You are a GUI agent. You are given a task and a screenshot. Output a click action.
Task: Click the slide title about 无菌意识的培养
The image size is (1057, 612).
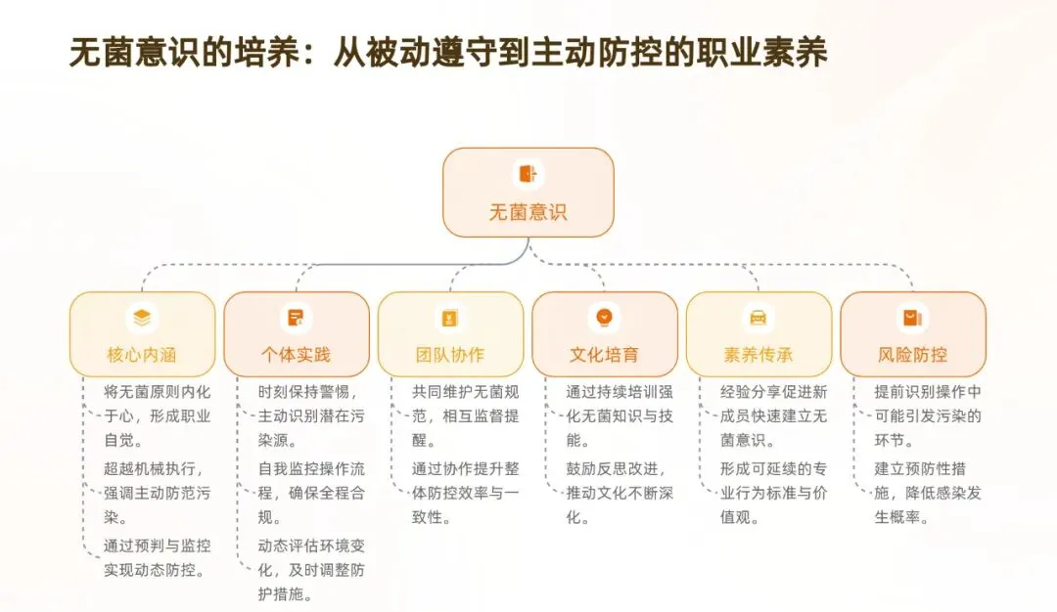[448, 54]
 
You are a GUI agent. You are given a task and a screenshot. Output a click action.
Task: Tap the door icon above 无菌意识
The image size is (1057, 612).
[528, 174]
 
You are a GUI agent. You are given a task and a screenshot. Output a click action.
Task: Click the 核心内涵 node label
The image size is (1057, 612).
[142, 355]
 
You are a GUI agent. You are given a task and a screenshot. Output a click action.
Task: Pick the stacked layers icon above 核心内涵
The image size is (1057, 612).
[142, 318]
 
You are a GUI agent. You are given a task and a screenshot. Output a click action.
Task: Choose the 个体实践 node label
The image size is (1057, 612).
[296, 355]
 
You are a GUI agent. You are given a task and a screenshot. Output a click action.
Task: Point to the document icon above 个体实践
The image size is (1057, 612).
[296, 318]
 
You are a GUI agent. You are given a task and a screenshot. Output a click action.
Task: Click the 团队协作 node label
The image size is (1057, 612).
[450, 355]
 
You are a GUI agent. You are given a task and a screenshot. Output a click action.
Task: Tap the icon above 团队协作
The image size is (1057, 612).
[450, 318]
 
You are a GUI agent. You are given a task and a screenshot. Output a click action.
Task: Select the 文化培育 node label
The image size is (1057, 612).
[605, 355]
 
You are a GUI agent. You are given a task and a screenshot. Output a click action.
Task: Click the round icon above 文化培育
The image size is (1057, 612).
[605, 318]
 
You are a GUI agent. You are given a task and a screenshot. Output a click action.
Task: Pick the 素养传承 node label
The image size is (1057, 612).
[758, 355]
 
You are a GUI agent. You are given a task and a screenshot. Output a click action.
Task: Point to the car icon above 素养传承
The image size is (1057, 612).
[758, 318]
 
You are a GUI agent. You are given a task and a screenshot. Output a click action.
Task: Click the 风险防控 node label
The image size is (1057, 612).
[913, 355]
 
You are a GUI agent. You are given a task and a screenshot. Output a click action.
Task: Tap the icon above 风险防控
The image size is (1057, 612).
[913, 318]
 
